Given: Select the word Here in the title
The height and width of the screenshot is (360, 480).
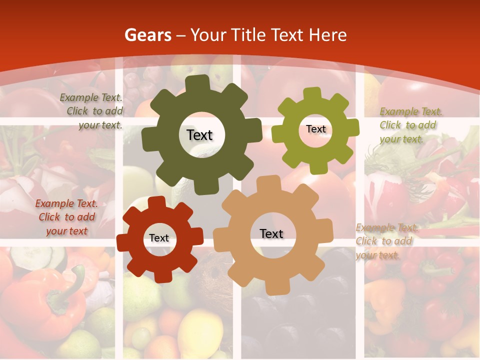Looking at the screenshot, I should [327, 35].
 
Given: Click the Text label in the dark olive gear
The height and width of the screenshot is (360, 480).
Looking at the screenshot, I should [199, 135].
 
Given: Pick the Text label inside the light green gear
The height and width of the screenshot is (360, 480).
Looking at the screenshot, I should [315, 129].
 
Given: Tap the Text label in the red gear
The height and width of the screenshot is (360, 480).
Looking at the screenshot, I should [159, 238].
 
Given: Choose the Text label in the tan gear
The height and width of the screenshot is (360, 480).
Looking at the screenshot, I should [271, 233].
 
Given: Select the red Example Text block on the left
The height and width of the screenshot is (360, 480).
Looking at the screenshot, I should [66, 217].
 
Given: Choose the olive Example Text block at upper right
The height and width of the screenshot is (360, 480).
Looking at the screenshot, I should [410, 125].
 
